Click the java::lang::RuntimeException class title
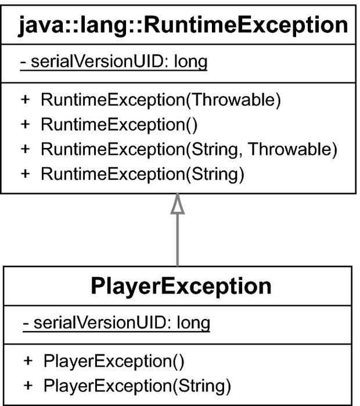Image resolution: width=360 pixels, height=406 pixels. click(183, 26)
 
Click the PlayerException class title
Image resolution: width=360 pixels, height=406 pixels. click(181, 287)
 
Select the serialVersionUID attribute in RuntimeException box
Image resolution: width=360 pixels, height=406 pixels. click(114, 62)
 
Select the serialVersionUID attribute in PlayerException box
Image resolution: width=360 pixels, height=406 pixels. click(116, 323)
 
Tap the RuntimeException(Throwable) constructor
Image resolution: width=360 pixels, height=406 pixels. click(161, 100)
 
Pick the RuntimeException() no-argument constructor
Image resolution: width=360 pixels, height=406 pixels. click(119, 125)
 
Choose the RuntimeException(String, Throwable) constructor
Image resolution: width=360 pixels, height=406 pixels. click(189, 150)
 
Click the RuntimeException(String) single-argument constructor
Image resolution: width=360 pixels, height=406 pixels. click(143, 174)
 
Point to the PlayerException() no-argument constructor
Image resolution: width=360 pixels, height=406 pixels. click(114, 361)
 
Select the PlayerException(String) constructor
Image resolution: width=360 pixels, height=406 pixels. click(137, 386)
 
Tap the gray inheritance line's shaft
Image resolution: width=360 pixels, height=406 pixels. click(178, 240)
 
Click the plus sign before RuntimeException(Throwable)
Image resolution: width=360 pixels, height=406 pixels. click(25, 99)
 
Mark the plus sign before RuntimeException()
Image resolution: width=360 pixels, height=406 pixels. click(25, 124)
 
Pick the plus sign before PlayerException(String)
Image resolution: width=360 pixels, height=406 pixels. click(28, 385)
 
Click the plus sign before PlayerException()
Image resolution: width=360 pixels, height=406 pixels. click(28, 361)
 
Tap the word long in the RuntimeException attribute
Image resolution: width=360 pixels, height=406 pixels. click(191, 62)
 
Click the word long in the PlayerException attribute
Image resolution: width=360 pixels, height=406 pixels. click(193, 323)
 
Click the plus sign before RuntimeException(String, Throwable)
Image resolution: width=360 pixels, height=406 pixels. click(25, 149)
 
